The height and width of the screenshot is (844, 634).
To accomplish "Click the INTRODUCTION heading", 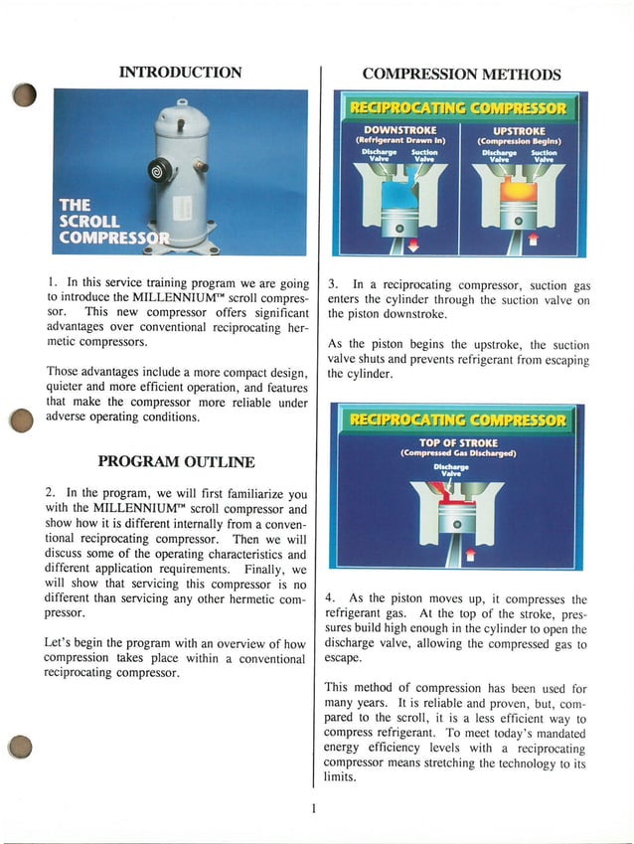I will pyautogui.click(x=180, y=72).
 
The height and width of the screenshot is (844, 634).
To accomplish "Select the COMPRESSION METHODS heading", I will pyautogui.click(x=461, y=74).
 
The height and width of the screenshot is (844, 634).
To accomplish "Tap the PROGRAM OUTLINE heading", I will pyautogui.click(x=176, y=461).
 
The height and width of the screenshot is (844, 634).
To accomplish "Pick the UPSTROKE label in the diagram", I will pyautogui.click(x=519, y=129).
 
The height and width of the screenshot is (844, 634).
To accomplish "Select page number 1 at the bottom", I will pyautogui.click(x=313, y=807).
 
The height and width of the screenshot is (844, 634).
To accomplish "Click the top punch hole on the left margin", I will pyautogui.click(x=25, y=95).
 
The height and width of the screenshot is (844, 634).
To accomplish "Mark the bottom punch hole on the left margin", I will pyautogui.click(x=23, y=746).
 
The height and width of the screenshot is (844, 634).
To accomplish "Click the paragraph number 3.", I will pyautogui.click(x=333, y=283).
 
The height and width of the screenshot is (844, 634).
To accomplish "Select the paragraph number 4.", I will pyautogui.click(x=331, y=599).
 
